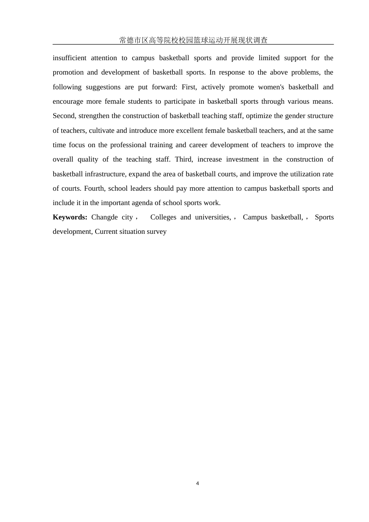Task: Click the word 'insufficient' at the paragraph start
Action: tap(70, 58)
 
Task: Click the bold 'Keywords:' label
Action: tap(70, 217)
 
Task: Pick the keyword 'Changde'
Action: tap(104, 217)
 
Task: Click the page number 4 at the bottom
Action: tap(197, 484)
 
